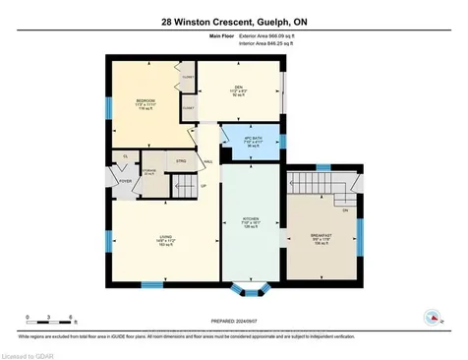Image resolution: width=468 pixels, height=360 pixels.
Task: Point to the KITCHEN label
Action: click(x=251, y=222)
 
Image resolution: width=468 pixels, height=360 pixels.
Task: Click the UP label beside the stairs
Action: click(x=204, y=186)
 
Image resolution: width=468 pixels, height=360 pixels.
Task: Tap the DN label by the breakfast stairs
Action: click(x=345, y=210)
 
